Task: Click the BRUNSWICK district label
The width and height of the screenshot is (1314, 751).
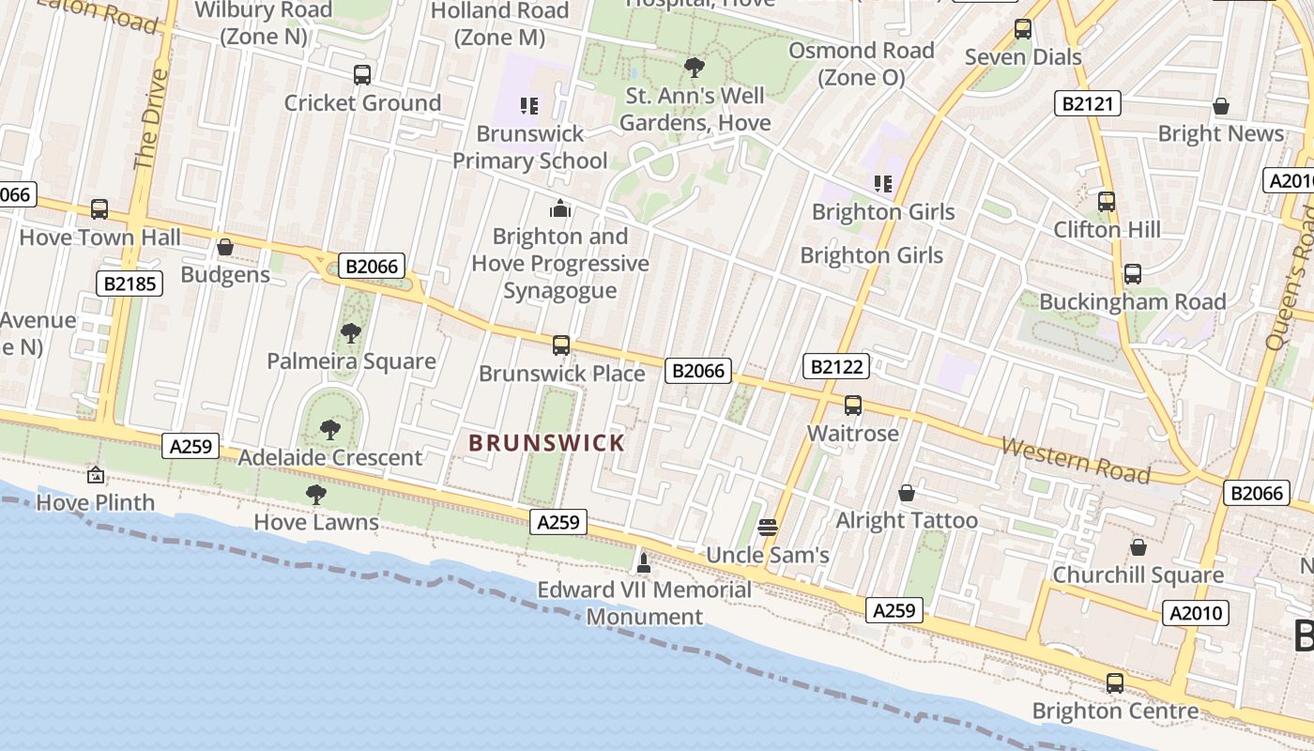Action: [546, 442]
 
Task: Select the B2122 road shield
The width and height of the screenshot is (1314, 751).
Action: [835, 366]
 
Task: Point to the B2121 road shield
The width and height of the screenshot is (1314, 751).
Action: [1088, 103]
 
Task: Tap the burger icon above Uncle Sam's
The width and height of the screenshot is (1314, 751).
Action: [768, 528]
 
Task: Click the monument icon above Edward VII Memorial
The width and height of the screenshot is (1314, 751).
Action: [644, 563]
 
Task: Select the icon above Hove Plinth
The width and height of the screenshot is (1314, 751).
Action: [96, 475]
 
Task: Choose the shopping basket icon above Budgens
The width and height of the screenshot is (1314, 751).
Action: [225, 247]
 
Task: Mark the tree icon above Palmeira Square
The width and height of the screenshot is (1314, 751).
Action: [351, 332]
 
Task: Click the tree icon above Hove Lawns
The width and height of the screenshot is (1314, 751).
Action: [316, 494]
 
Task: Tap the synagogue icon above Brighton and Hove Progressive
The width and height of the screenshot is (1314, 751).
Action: [560, 207]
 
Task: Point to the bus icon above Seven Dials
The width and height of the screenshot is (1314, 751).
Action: [1023, 29]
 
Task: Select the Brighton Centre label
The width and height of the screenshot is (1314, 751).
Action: [1115, 711]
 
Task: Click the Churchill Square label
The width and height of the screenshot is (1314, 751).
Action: [1138, 575]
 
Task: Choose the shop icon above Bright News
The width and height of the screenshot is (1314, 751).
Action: [1221, 106]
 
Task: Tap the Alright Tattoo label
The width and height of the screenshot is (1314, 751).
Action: [907, 520]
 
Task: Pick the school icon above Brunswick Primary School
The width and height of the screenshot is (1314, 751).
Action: [529, 105]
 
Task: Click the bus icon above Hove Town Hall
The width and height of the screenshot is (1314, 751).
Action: [99, 209]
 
